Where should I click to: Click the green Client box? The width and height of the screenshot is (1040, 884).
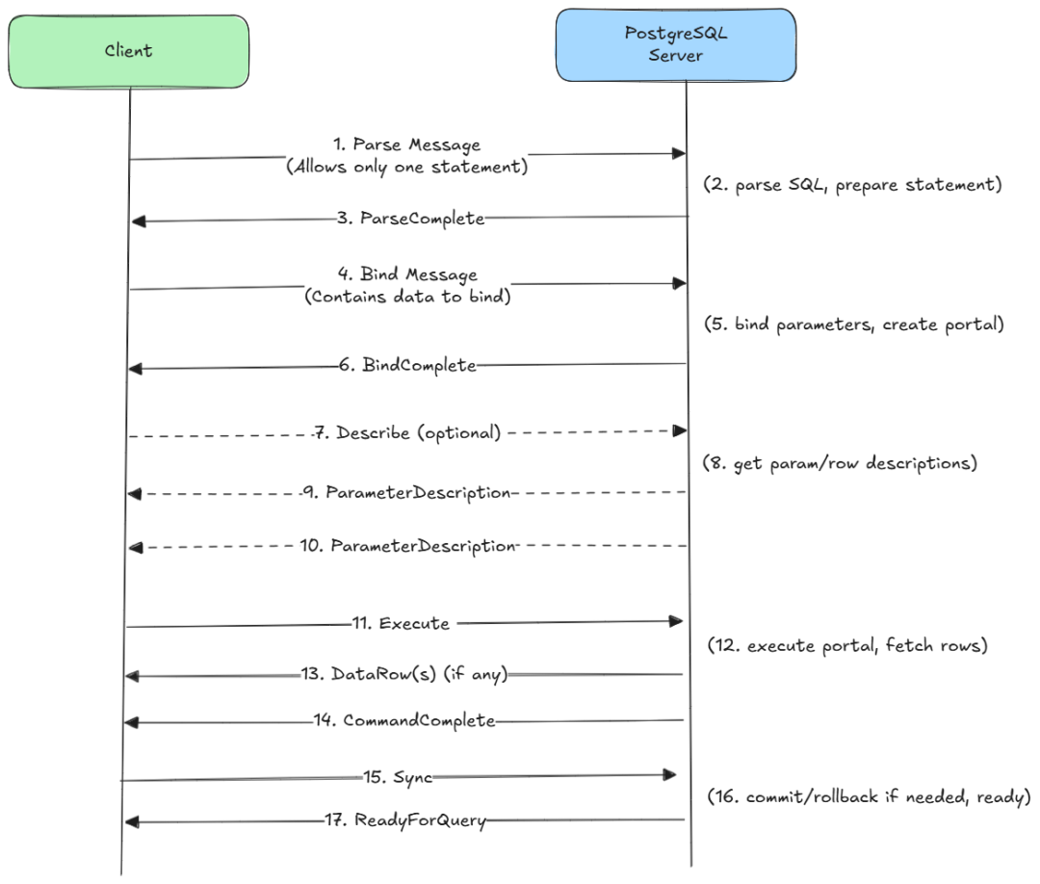point(129,52)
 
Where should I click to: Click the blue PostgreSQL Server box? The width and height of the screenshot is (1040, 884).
point(676,45)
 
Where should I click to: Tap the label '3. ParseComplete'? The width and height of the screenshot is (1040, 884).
point(410,219)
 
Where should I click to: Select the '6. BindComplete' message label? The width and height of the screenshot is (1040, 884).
point(407,365)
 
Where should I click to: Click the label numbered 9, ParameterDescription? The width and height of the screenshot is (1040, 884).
point(406,493)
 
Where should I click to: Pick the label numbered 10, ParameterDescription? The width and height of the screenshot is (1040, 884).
point(408,546)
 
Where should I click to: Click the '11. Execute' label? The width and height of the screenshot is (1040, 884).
point(401,623)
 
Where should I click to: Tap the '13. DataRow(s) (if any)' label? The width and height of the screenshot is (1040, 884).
point(403,674)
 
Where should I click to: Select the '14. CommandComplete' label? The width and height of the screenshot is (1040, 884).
point(404,721)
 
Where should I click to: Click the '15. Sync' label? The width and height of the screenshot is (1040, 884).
point(398,777)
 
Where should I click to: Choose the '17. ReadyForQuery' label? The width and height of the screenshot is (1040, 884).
point(405,821)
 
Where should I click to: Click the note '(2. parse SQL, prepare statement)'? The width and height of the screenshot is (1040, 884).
point(852,184)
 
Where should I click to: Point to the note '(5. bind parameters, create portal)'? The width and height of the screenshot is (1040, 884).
point(853,325)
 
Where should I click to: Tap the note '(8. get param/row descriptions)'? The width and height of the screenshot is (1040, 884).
point(840,463)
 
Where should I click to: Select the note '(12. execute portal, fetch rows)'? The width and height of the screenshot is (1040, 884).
point(847,645)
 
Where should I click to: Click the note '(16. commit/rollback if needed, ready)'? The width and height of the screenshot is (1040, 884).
point(869,796)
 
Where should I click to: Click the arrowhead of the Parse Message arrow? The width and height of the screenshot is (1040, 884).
point(679,154)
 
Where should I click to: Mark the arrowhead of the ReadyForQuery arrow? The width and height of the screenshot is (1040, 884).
point(132,822)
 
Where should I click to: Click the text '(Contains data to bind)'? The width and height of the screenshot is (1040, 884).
point(407,297)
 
